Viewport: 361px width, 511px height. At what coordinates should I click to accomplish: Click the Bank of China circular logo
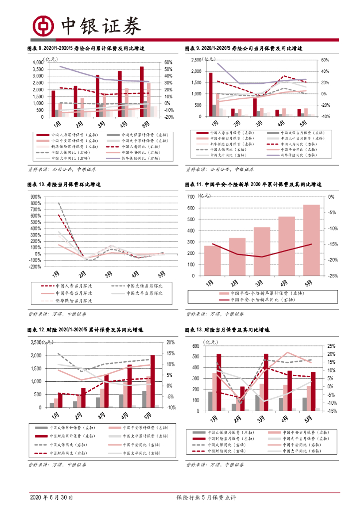(42, 25)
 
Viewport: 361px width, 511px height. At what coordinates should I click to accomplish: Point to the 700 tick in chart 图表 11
(191, 197)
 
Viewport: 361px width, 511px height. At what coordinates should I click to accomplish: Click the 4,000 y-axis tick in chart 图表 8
(37, 62)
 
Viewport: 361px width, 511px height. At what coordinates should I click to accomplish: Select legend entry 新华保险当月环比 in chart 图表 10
(74, 301)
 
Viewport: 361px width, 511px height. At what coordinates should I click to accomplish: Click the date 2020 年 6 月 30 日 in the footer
(51, 498)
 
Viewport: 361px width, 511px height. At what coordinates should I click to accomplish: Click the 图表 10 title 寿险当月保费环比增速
(63, 185)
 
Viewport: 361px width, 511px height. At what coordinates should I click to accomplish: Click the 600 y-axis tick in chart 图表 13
(196, 346)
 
